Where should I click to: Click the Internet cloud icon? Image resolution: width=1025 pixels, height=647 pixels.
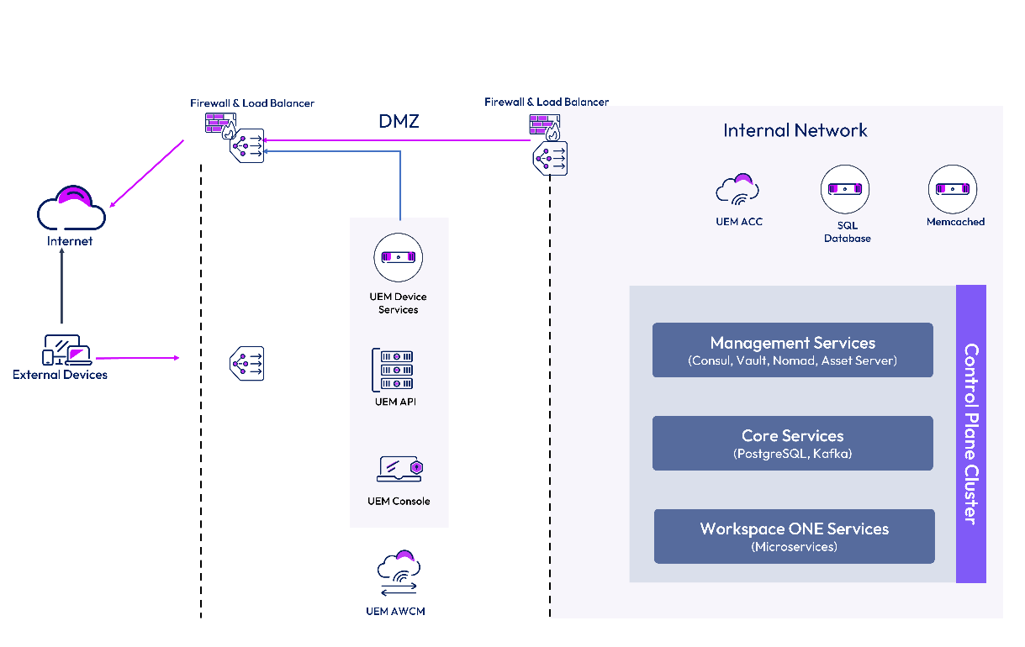click(71, 208)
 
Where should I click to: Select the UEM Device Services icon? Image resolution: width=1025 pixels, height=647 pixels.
click(399, 258)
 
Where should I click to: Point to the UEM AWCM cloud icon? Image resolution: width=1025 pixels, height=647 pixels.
click(398, 573)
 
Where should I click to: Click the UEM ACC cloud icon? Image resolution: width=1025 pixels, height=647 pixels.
click(737, 190)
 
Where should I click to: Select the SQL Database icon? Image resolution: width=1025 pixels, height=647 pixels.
click(844, 189)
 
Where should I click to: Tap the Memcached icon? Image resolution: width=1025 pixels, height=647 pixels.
click(953, 189)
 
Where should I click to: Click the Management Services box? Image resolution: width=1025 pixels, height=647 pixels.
click(792, 350)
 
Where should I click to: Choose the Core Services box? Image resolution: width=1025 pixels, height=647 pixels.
click(792, 443)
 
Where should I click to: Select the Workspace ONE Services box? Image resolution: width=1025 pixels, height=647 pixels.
click(794, 536)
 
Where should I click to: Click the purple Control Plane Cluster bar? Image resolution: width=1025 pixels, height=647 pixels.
click(970, 434)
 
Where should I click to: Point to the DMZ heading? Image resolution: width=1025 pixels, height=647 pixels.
click(399, 122)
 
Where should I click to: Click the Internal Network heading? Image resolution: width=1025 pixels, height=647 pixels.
click(795, 130)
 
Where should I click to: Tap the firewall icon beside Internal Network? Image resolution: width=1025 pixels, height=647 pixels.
click(544, 124)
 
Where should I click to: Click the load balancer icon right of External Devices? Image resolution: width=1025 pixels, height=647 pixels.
click(247, 364)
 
